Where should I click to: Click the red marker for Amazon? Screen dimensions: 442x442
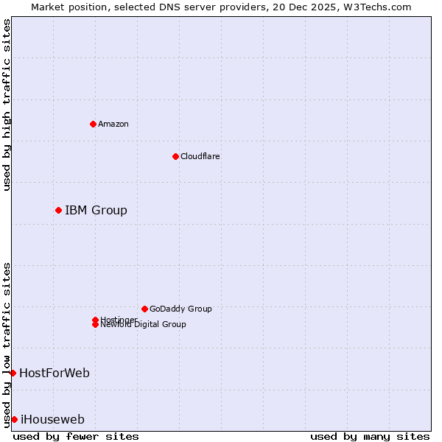coord(93,124)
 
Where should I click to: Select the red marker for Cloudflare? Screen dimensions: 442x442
coord(175,156)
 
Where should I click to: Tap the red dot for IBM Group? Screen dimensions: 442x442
coord(58,211)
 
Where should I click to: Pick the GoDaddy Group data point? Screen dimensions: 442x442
coord(144,309)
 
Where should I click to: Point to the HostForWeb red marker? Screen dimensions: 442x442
coord(13,373)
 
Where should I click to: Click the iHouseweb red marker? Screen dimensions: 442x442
coord(14,420)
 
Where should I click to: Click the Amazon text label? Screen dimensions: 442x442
coord(113,124)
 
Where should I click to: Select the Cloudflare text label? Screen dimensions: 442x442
coord(200,156)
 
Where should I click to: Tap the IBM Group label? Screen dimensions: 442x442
coord(96,211)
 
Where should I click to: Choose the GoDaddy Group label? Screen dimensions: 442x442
coord(180,309)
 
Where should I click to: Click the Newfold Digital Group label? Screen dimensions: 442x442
coord(144,325)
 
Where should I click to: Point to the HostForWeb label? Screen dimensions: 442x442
coord(55,373)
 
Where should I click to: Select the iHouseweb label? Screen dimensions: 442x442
coord(52,420)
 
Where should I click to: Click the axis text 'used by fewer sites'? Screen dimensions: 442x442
coord(76,436)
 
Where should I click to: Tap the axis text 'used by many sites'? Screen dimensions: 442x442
coord(370,436)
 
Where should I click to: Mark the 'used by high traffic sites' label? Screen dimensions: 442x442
coord(7,105)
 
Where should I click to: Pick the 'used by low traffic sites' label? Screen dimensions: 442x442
coord(7,345)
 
